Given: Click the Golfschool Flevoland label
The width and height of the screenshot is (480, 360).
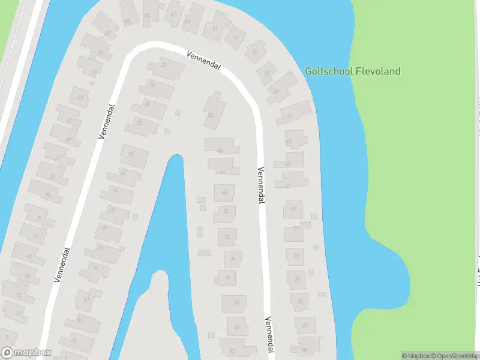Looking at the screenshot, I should coord(352,71).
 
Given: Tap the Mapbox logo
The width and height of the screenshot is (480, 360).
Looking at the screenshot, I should coord(26,352).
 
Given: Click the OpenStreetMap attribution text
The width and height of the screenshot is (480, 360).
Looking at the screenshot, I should coord(453,356).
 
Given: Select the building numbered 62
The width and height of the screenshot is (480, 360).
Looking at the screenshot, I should coord(211,115).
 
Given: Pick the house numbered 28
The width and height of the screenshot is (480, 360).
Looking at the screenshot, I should coord(130,155).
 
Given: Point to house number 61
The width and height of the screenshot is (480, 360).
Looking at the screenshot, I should coord(290,115).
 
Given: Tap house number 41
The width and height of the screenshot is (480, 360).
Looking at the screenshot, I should coord(108,33).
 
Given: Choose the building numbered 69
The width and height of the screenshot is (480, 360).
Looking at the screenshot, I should coord(293,209).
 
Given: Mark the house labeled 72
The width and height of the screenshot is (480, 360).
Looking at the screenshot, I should coord(227,237).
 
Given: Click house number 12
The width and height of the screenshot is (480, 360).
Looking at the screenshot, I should coord(87,299).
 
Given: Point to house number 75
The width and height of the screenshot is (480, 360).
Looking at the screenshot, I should coord(296,279).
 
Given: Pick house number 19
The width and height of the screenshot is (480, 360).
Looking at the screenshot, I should coord(35,236).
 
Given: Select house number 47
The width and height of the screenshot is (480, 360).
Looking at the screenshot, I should coord(173,14).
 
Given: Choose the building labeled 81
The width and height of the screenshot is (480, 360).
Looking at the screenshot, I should coord(305,325).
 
